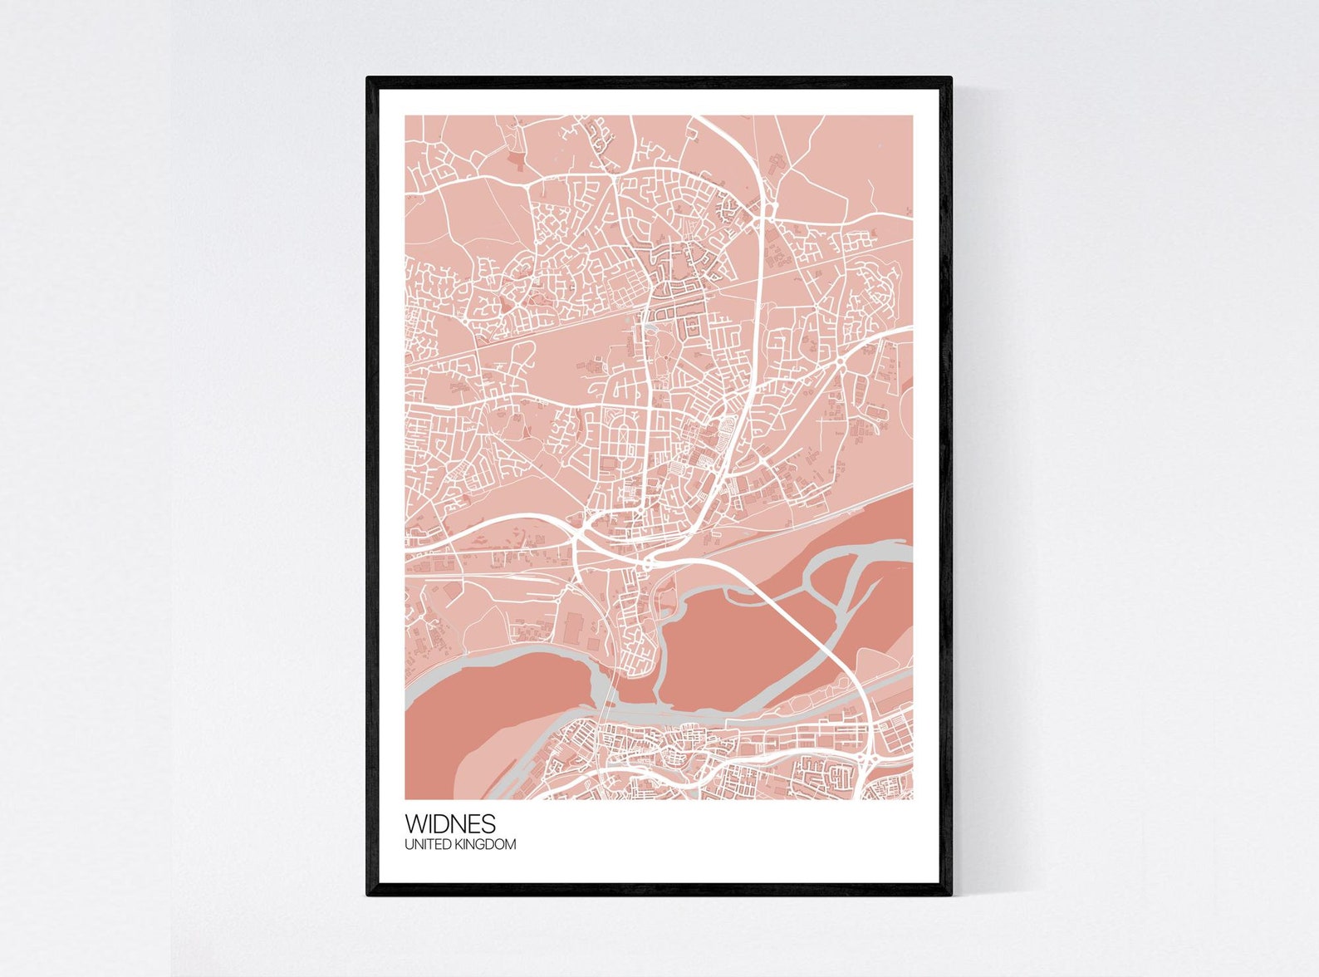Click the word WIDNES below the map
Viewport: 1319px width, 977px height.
tap(450, 823)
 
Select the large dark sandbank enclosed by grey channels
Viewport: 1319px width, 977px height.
tap(731, 648)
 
